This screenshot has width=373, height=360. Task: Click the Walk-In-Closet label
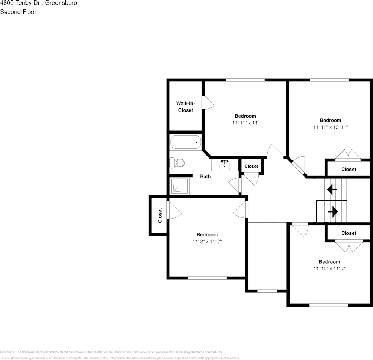[x=186, y=107]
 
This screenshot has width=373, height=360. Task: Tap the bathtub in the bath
[x=186, y=143]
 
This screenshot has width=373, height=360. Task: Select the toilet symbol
[x=177, y=163]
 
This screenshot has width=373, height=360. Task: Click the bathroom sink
[x=225, y=165]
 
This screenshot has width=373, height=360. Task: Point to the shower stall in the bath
[x=179, y=187]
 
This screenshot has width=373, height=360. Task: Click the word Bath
[x=205, y=176]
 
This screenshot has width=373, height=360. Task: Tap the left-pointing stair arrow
[x=332, y=189]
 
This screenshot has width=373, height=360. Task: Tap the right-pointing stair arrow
[x=333, y=212]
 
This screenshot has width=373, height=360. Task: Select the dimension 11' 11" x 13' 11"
[x=330, y=127]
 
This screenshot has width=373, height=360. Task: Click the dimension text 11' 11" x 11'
[x=245, y=123]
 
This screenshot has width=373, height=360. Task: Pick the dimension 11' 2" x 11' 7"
[x=207, y=242]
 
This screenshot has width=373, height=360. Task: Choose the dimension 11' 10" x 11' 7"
[x=329, y=269]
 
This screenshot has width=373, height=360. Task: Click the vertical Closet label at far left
[x=160, y=215]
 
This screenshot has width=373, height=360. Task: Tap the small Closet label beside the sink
[x=251, y=166]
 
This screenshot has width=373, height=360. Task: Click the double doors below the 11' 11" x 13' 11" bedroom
[x=348, y=155]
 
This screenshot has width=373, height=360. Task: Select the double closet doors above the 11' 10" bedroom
[x=349, y=246]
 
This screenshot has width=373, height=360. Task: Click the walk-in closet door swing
[x=208, y=103]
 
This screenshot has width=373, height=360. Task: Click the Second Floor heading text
[x=18, y=12]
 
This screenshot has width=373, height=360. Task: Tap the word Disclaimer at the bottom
[x=8, y=352]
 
